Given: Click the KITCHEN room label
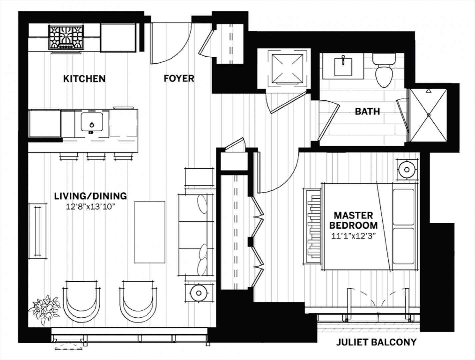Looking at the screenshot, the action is click(x=84, y=79).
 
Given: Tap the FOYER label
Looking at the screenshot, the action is click(x=179, y=79).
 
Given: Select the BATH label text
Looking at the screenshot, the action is click(x=368, y=111).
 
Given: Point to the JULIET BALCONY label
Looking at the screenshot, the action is click(x=376, y=342).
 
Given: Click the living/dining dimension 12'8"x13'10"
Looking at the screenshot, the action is click(x=90, y=207).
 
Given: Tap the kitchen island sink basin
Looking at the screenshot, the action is click(x=92, y=122).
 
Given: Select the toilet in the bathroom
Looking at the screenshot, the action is click(x=384, y=70).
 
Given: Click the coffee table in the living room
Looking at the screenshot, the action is click(x=150, y=232).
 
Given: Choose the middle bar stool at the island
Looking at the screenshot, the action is click(x=96, y=156).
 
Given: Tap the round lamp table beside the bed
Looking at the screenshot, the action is click(x=407, y=170).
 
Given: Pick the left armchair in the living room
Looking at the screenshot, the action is click(x=82, y=300).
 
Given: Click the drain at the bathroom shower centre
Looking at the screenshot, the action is click(x=429, y=115).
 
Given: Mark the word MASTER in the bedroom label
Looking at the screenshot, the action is click(x=354, y=216).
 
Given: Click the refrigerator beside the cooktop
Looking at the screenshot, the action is click(x=118, y=38).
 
